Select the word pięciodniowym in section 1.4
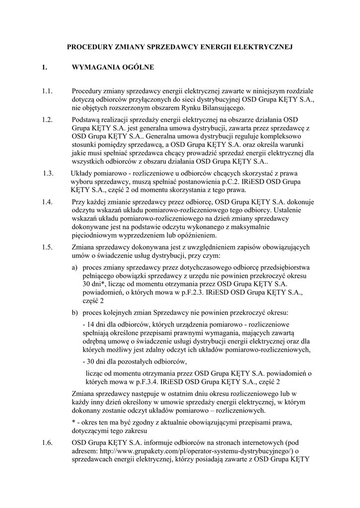[x=94, y=235]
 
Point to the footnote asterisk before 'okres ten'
[x=73, y=422]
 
